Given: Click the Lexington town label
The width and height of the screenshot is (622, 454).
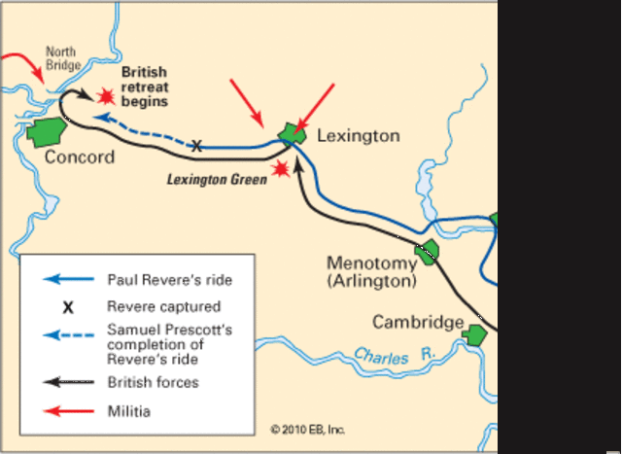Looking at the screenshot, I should click(x=358, y=136).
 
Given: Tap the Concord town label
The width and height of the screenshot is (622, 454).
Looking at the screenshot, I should click(x=80, y=157).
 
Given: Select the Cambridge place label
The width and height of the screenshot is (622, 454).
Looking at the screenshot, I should click(x=417, y=323).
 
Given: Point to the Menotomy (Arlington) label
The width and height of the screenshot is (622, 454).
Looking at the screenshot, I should click(x=371, y=272).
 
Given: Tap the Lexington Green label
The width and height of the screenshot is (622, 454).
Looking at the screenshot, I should click(x=217, y=180).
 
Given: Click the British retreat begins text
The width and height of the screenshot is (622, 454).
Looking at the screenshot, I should click(x=144, y=87).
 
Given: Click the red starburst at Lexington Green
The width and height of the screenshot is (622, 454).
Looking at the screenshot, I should click(x=282, y=169).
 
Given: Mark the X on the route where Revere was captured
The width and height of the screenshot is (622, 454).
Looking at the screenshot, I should click(x=196, y=147).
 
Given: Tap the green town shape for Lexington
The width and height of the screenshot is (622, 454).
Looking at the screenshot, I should click(x=291, y=134).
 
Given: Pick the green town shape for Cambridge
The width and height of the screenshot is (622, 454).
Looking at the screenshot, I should click(x=474, y=334).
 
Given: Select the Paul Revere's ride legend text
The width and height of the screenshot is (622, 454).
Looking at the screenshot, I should click(x=170, y=280).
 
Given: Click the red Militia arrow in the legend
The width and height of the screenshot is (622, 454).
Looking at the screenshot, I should click(x=68, y=412).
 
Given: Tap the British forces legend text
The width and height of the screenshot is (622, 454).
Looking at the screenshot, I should click(x=153, y=382).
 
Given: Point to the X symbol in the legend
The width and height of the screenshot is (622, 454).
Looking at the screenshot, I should click(x=68, y=307).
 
